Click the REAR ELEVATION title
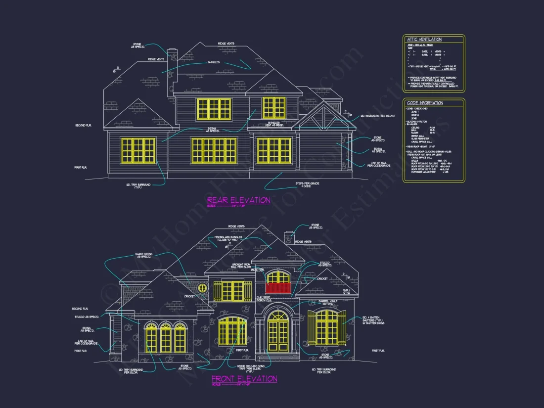pos(238,200)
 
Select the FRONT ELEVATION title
pos(244,379)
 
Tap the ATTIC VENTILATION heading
pos(424,39)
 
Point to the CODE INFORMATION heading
pos(425,103)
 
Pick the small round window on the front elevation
pos(201,288)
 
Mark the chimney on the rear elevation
pos(172,62)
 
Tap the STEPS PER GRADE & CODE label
pos(303,184)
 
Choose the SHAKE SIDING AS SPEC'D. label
pos(143,256)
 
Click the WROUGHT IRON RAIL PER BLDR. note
pos(241,266)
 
